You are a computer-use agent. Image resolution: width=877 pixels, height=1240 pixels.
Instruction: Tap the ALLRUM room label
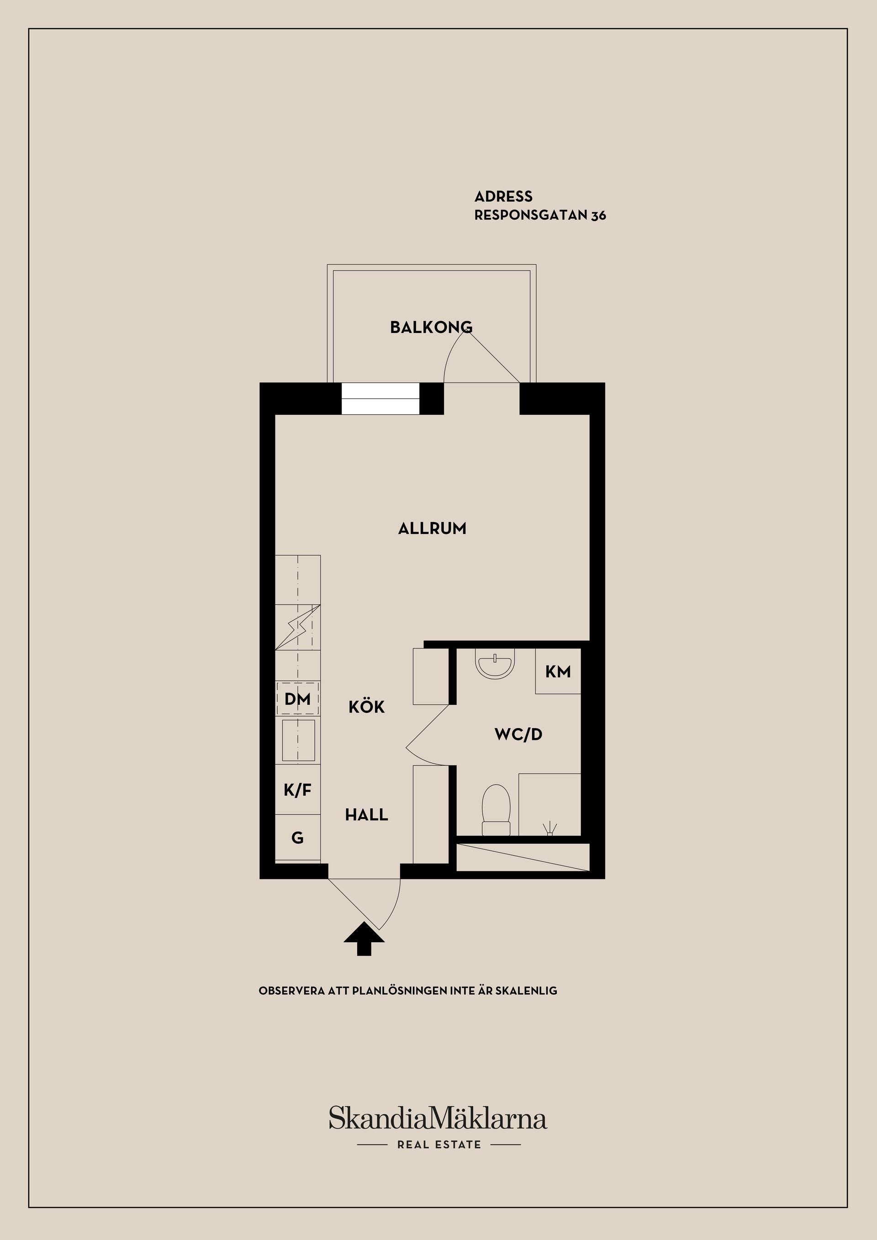pos(432,528)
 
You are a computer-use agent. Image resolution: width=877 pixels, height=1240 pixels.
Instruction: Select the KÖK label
pos(367,707)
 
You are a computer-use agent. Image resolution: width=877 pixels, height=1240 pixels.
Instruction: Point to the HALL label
pos(367,814)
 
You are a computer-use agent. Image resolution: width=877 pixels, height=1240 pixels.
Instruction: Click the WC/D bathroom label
pos(518,734)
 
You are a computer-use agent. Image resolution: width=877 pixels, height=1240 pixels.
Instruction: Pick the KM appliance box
pos(558,671)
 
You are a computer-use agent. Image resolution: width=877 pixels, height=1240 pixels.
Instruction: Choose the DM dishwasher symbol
pos(297,699)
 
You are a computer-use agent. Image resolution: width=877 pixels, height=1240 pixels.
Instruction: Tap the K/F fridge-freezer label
pos(297,790)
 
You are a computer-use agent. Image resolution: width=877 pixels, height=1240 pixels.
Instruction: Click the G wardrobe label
pos(297,838)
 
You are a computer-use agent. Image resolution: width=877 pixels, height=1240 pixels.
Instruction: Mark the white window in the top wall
pos(380,399)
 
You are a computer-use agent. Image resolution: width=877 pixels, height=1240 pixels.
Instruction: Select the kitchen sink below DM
pos(298,740)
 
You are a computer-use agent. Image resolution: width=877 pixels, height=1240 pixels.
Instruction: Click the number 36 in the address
pos(598,216)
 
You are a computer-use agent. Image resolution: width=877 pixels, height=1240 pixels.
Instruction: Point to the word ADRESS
pos(503,196)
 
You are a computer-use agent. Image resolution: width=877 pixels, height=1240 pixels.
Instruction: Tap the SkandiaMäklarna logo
pos(438,1118)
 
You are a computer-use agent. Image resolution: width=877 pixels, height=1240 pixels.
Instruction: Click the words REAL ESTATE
pos(439,1145)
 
